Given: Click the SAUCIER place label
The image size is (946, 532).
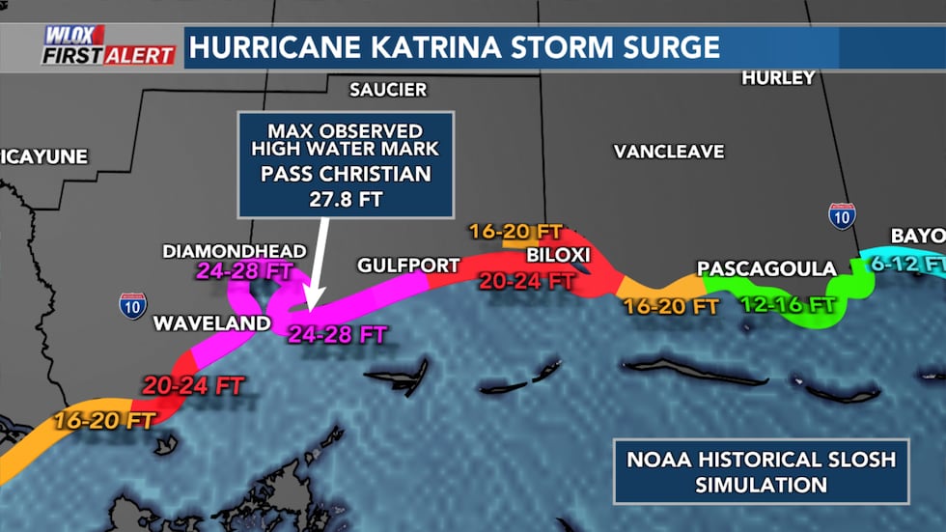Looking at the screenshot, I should coord(387,90).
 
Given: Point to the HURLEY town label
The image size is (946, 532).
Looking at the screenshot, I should coord(778,78).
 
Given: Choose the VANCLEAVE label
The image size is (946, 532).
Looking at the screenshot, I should coord(668,152).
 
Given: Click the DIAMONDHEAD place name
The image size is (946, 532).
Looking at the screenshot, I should coord(235,251).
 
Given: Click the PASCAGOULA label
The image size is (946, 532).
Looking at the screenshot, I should coord(766,267).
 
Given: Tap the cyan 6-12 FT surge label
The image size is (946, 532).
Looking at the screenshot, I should coord(917,263).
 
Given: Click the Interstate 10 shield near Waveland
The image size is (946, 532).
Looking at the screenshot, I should coord(133,306).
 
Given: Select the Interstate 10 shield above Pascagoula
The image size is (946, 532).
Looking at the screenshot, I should coord(842,216).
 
